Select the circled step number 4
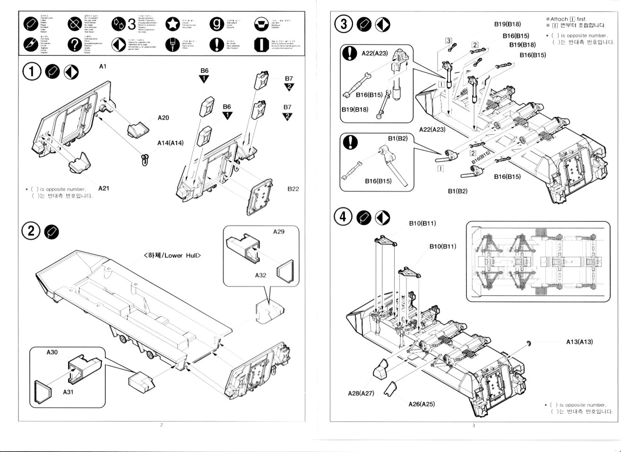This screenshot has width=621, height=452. pyautogui.click(x=344, y=217)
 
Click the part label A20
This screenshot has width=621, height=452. pyautogui.click(x=164, y=118)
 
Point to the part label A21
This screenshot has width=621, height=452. pyautogui.click(x=104, y=188)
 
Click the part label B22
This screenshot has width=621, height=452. pyautogui.click(x=293, y=189)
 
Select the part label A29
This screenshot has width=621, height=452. pyautogui.click(x=279, y=232)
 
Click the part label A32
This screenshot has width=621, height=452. pyautogui.click(x=261, y=275)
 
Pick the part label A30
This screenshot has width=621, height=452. pyautogui.click(x=52, y=352)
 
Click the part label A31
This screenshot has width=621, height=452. pyautogui.click(x=69, y=392)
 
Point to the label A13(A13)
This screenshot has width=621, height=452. pyautogui.click(x=579, y=342)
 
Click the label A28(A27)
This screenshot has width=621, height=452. pyautogui.click(x=361, y=393)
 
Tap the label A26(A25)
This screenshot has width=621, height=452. pyautogui.click(x=422, y=404)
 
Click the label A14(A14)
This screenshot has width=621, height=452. pyautogui.click(x=171, y=142)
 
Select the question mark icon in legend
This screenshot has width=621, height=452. pyautogui.click(x=74, y=45)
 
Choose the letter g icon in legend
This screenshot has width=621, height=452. pyautogui.click(x=216, y=24)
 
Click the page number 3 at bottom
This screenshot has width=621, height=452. pyautogui.click(x=474, y=425)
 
